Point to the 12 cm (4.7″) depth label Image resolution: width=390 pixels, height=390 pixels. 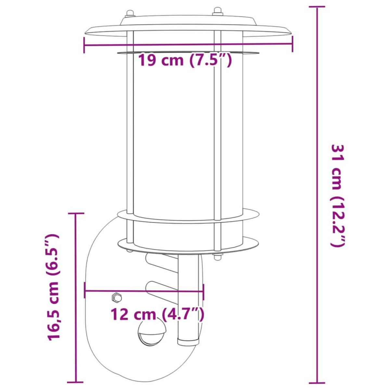coord(158,314)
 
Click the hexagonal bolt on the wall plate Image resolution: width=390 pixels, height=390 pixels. coord(116,297)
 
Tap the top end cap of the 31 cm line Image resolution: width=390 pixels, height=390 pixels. coord(317,6)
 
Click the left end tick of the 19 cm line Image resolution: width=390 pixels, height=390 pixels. coord(84,45)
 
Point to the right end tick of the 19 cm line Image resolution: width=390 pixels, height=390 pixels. coord(292,44)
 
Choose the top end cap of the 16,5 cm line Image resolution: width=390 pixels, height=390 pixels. coord(75,214)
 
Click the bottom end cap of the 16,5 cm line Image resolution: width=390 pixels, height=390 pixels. coord(75,382)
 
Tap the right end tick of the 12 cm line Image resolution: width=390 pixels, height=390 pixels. coord(203,291)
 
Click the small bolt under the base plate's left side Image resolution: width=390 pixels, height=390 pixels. coord(130,251)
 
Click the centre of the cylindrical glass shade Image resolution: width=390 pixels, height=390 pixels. coord(188,136)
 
